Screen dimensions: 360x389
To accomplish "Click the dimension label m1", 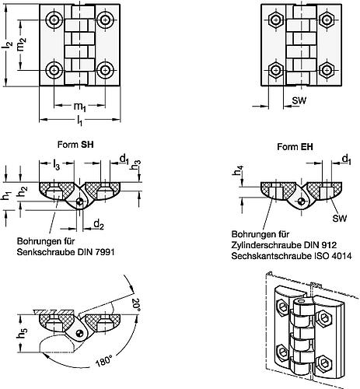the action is tap(80, 107).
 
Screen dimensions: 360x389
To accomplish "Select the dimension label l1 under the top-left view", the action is tap(79, 121).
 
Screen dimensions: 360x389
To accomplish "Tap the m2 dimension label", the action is tap(22, 44).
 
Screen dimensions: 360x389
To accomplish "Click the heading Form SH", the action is tap(75, 145).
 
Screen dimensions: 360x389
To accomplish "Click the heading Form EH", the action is tap(295, 147).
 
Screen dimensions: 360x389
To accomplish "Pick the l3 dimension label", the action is tap(56, 165).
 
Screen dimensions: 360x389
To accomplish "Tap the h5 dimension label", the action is tap(22, 332).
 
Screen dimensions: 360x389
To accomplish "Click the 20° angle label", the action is tap(136, 305).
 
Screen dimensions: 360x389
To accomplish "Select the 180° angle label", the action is tap(103, 360).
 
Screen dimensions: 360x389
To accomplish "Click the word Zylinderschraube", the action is tap(263, 245).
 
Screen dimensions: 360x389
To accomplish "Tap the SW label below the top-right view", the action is tap(299, 100).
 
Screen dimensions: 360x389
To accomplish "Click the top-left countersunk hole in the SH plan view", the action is tap(54, 19).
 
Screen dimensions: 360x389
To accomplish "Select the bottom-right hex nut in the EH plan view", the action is tap(327, 70).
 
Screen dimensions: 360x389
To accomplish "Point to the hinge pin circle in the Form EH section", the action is tap(301, 201).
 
